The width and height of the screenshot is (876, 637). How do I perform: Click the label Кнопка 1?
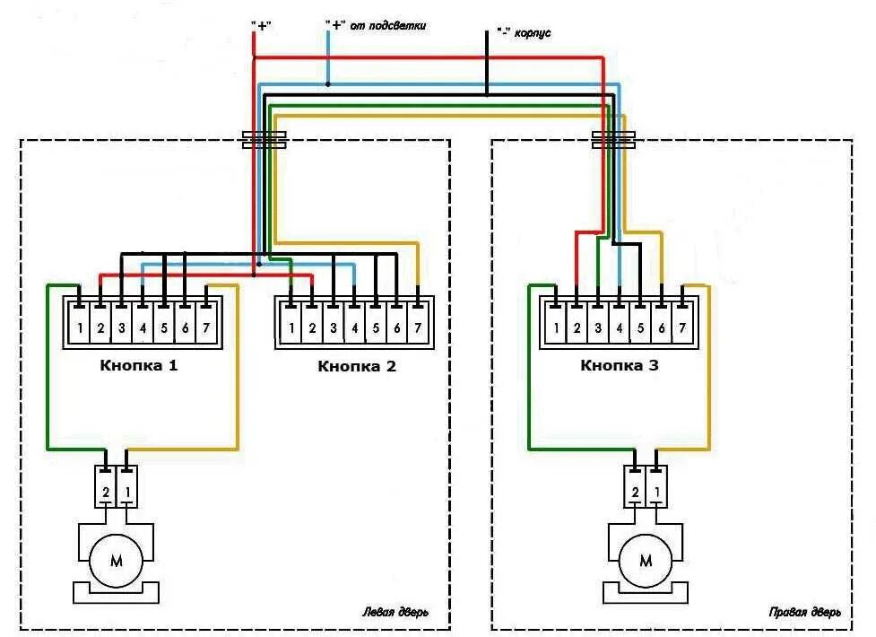tap(141, 365)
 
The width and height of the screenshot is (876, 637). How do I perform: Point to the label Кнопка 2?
tap(356, 366)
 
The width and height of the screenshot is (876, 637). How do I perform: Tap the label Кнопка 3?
tap(620, 365)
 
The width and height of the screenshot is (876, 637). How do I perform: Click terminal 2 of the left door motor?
tap(105, 493)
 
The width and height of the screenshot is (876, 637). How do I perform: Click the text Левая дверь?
tap(395, 614)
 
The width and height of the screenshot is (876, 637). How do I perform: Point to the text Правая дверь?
tap(804, 614)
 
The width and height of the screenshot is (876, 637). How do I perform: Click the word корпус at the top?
tap(532, 32)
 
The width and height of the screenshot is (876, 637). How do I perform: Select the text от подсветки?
tap(387, 26)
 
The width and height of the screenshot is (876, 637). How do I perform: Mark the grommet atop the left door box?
tap(265, 139)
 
